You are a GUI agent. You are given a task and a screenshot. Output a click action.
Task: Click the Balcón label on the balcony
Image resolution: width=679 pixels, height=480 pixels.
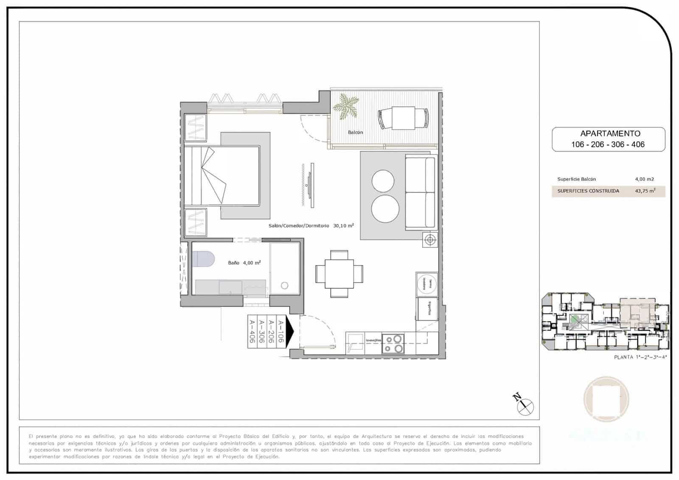[x=355, y=132]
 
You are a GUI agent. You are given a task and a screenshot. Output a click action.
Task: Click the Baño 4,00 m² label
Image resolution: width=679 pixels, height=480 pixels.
[x=244, y=263]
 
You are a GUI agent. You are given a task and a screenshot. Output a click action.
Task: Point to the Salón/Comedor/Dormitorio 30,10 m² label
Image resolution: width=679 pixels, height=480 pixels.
[x=311, y=226]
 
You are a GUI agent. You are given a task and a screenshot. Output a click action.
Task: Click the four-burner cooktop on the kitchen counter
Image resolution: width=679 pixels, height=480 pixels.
[x=393, y=344]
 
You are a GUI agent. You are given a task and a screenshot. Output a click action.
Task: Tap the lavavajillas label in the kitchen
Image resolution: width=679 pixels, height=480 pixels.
[x=374, y=340]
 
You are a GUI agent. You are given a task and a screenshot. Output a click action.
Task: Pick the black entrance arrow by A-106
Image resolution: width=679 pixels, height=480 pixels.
[x=290, y=331]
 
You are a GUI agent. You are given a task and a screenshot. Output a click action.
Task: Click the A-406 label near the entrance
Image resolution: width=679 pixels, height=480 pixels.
[x=252, y=331]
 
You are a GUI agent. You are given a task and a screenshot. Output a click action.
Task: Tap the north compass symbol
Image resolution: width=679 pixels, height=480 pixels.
[x=526, y=407]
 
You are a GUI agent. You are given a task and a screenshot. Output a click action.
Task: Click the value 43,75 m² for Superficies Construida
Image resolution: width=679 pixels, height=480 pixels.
[x=645, y=191]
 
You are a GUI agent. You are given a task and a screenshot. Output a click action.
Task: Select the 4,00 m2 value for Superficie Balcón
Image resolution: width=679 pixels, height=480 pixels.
[x=644, y=179]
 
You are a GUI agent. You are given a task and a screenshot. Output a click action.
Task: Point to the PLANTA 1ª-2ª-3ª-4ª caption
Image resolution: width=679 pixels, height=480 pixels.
[x=640, y=357]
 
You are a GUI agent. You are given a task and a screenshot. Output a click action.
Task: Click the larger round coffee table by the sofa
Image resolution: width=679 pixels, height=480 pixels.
[x=385, y=208]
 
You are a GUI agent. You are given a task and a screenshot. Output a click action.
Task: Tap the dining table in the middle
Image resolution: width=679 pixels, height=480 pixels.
[x=339, y=274]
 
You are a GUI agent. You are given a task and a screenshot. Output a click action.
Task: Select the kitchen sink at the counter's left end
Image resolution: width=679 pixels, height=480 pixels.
[x=355, y=342]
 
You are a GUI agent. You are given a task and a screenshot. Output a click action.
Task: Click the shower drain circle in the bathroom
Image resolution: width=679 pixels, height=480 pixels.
[x=284, y=286]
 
